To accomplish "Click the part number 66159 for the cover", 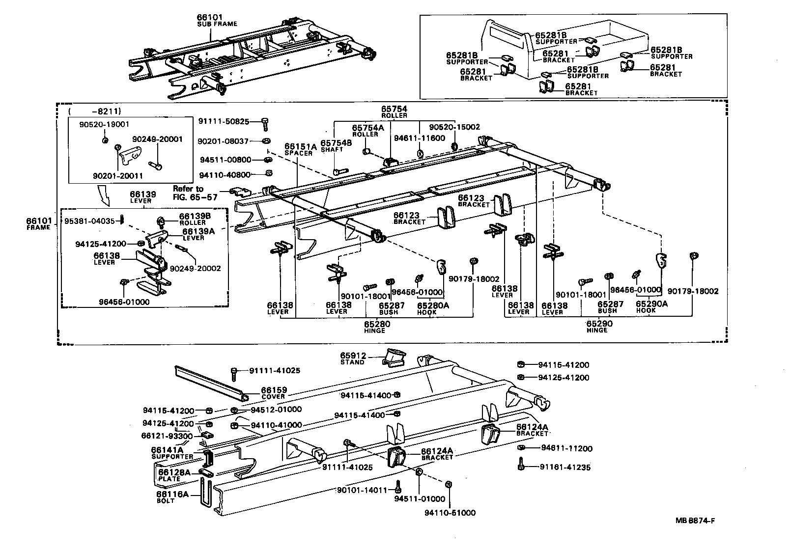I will [x=274, y=389].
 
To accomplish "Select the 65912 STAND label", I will [x=352, y=358].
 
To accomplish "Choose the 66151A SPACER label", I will [x=298, y=149].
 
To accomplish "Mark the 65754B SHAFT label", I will [x=336, y=146].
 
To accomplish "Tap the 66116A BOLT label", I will [x=172, y=496].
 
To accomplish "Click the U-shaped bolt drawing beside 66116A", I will [x=206, y=496].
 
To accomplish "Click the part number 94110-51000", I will [x=450, y=513].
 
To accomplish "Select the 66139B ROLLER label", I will [x=192, y=219].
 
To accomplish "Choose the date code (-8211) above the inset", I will [x=96, y=111].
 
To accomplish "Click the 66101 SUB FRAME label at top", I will [x=217, y=20].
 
